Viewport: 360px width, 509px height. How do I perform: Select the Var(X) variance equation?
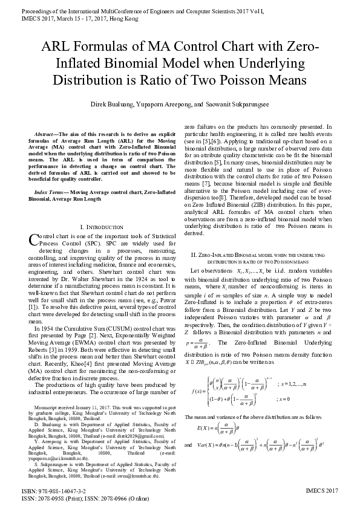pyautogui.click(x=260, y=432)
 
